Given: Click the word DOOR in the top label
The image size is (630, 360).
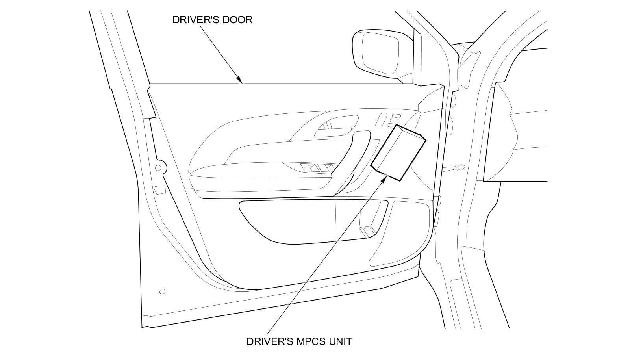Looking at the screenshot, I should tap(236, 20).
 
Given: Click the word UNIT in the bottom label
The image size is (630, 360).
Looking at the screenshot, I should tap(340, 341).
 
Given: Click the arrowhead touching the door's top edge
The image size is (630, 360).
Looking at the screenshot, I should tap(240, 80).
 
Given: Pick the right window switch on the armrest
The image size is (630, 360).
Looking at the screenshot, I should tap(326, 168).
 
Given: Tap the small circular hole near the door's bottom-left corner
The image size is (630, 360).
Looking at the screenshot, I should tap(162, 292).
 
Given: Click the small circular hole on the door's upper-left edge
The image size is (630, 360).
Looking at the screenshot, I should tap(158, 168).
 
